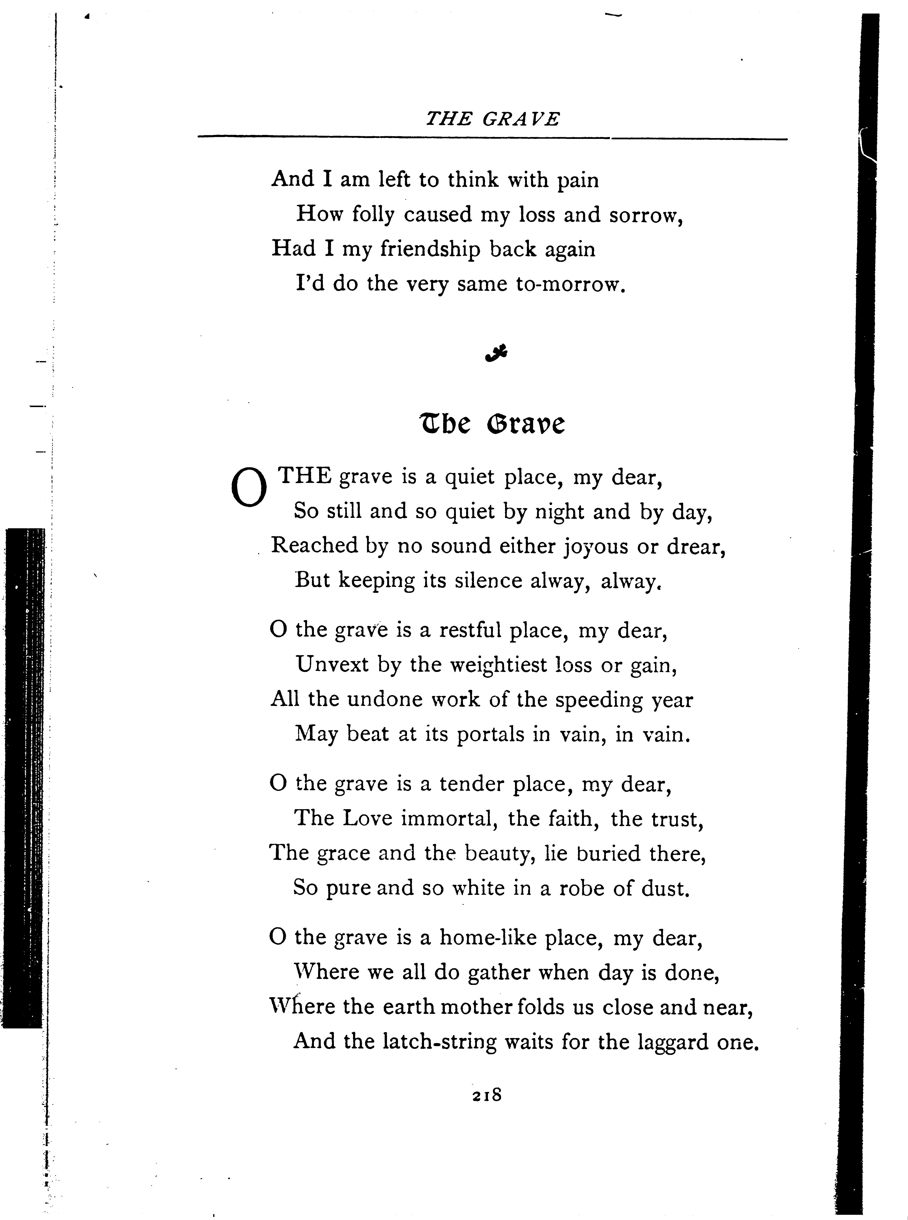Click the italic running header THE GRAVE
(x=493, y=119)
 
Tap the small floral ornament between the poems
(x=496, y=354)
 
